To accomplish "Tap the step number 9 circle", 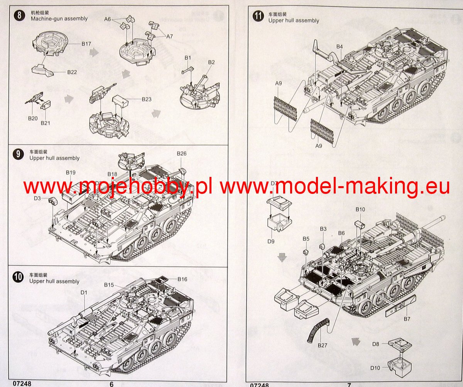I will pyautogui.click(x=18, y=154).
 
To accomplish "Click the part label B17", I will pyautogui.click(x=86, y=44).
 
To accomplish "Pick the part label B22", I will pyautogui.click(x=72, y=72).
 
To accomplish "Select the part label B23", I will pyautogui.click(x=146, y=99).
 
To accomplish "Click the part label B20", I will pyautogui.click(x=33, y=119).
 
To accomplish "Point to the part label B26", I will pyautogui.click(x=182, y=154).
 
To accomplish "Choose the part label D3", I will pyautogui.click(x=37, y=198).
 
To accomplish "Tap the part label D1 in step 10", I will pyautogui.click(x=84, y=292).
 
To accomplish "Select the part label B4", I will pyautogui.click(x=340, y=47).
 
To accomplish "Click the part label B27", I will pyautogui.click(x=322, y=345).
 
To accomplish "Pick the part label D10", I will pyautogui.click(x=375, y=368).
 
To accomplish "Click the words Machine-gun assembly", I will pyautogui.click(x=59, y=19).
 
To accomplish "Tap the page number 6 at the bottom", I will pyautogui.click(x=112, y=384).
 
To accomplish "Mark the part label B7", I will pyautogui.click(x=407, y=319).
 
